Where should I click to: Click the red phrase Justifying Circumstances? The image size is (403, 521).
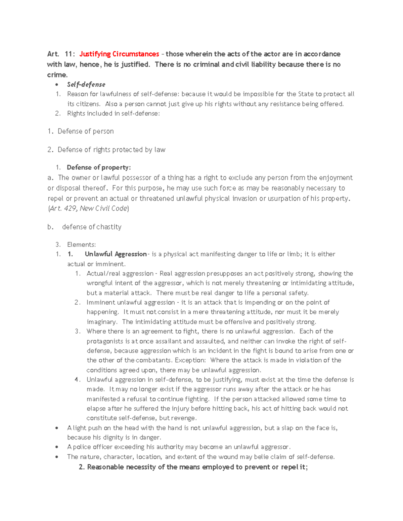[119, 54]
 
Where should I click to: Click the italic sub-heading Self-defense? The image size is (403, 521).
[86, 85]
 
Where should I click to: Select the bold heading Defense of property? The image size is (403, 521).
[99, 167]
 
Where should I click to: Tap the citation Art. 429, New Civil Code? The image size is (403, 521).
[88, 208]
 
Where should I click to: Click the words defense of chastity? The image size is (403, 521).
[92, 227]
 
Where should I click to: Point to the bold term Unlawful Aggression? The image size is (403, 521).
[116, 254]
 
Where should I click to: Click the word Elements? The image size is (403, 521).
[81, 245]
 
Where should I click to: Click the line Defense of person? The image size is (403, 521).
[85, 131]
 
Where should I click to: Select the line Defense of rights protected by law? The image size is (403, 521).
[111, 150]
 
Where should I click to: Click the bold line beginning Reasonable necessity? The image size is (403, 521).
[193, 467]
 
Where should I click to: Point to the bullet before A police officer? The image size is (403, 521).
[57, 447]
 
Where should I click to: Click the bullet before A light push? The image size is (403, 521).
[57, 428]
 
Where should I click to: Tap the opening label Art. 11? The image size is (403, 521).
[61, 54]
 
